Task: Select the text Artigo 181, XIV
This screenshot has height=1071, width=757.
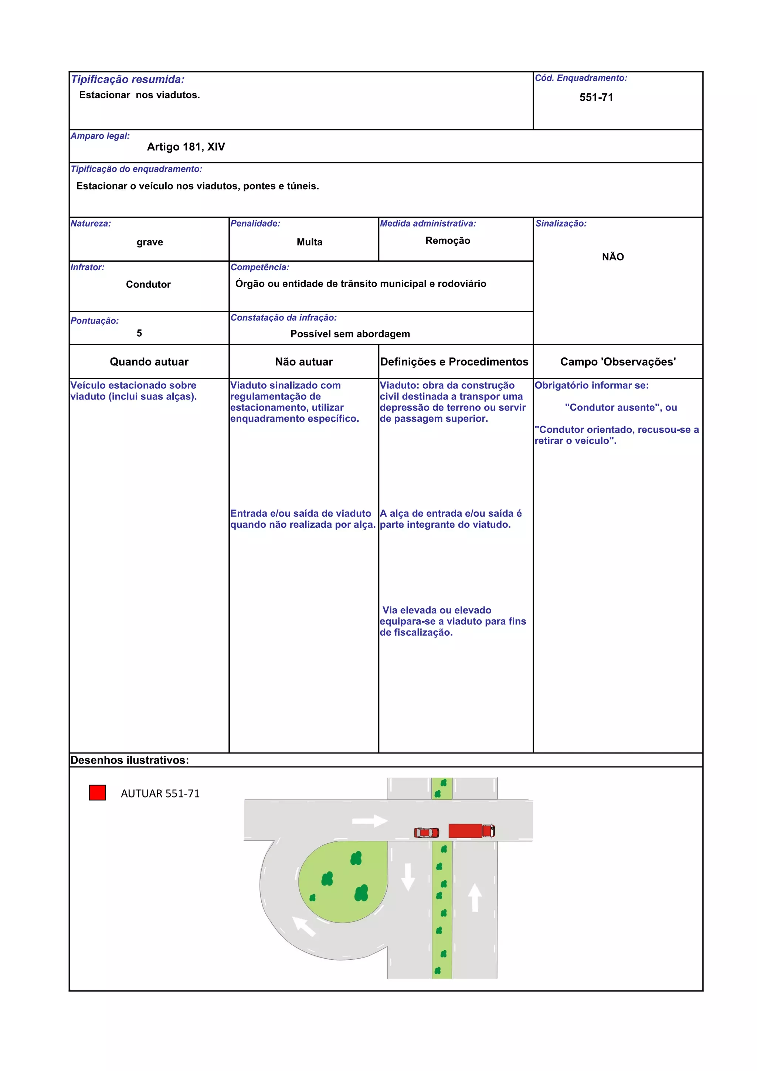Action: tap(186, 147)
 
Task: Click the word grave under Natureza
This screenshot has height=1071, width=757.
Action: tap(150, 242)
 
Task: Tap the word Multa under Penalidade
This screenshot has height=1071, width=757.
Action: tap(309, 242)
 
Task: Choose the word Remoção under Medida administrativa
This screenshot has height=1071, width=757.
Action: tap(447, 241)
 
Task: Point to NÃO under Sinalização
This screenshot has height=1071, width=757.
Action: tap(612, 257)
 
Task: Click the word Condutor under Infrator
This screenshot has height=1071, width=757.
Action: tap(148, 285)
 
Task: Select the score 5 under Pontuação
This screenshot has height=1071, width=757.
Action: tap(139, 333)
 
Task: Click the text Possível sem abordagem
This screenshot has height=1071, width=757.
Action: tap(350, 334)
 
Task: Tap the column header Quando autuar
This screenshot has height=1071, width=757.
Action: tap(149, 362)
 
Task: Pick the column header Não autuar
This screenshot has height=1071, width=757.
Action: tap(303, 362)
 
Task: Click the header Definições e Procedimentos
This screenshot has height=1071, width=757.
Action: tap(454, 362)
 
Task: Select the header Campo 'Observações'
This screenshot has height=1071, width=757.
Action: tap(618, 362)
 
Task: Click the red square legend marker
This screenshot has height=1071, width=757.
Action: tap(97, 792)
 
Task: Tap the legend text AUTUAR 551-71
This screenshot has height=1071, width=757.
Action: tap(160, 793)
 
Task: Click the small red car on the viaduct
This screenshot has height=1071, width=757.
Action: tap(426, 832)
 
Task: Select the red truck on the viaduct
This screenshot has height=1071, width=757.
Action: tap(471, 831)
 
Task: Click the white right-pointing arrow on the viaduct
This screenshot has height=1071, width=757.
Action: tap(369, 821)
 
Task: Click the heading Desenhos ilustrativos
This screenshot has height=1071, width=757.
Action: tap(129, 760)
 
